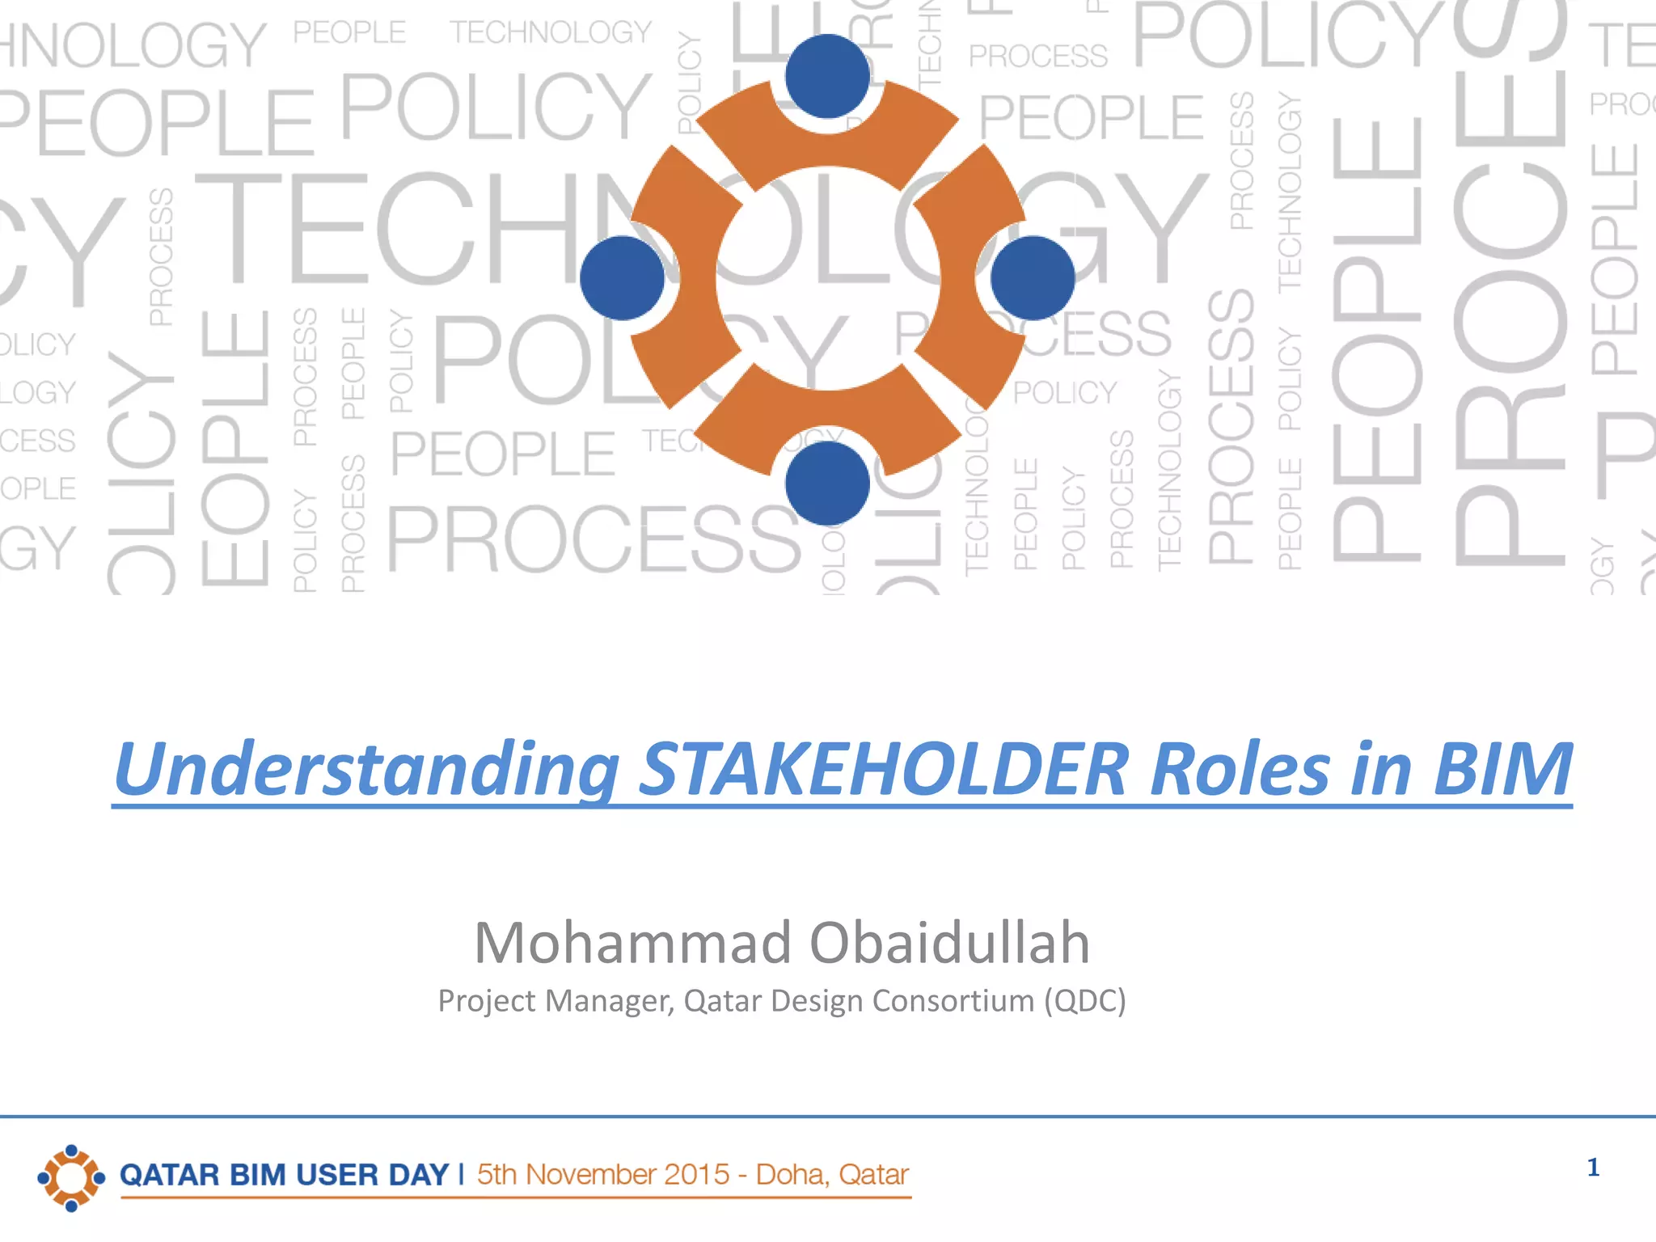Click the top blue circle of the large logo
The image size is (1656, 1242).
click(827, 76)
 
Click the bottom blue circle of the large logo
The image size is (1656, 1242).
click(827, 483)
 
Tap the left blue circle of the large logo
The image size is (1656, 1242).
click(622, 278)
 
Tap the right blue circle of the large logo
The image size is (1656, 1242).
click(1033, 278)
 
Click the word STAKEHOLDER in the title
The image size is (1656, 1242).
click(883, 769)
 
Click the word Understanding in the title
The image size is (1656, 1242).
click(365, 769)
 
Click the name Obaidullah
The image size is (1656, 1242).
click(949, 943)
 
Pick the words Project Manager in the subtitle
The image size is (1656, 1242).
click(555, 1001)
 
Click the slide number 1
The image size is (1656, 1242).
click(1593, 1168)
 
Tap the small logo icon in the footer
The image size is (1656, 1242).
click(71, 1177)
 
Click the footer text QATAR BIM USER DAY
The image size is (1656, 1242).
click(284, 1175)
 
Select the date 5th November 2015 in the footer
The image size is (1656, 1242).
click(602, 1175)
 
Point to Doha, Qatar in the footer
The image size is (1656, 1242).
click(832, 1175)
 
